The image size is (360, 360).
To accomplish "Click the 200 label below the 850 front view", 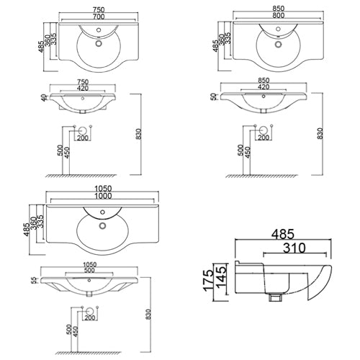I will pos(264,138).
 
